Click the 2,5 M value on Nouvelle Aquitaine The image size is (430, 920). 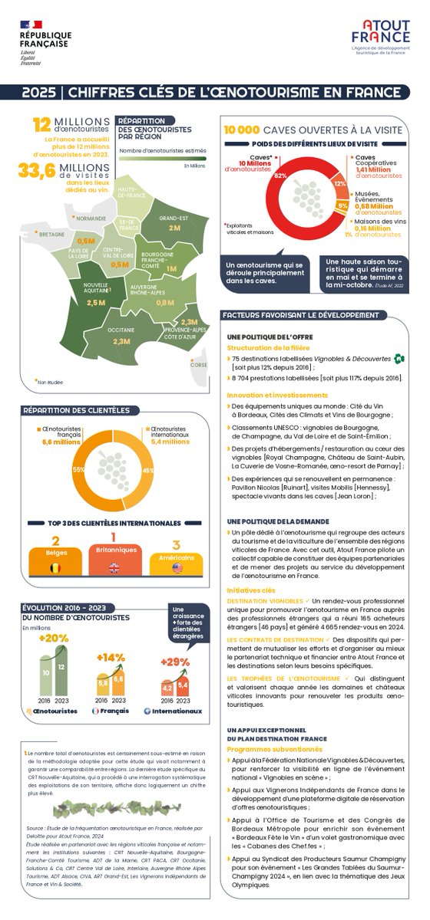(96, 303)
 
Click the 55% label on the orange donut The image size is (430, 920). (78, 469)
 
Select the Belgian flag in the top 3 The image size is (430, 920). (55, 568)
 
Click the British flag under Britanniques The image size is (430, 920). (114, 568)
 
